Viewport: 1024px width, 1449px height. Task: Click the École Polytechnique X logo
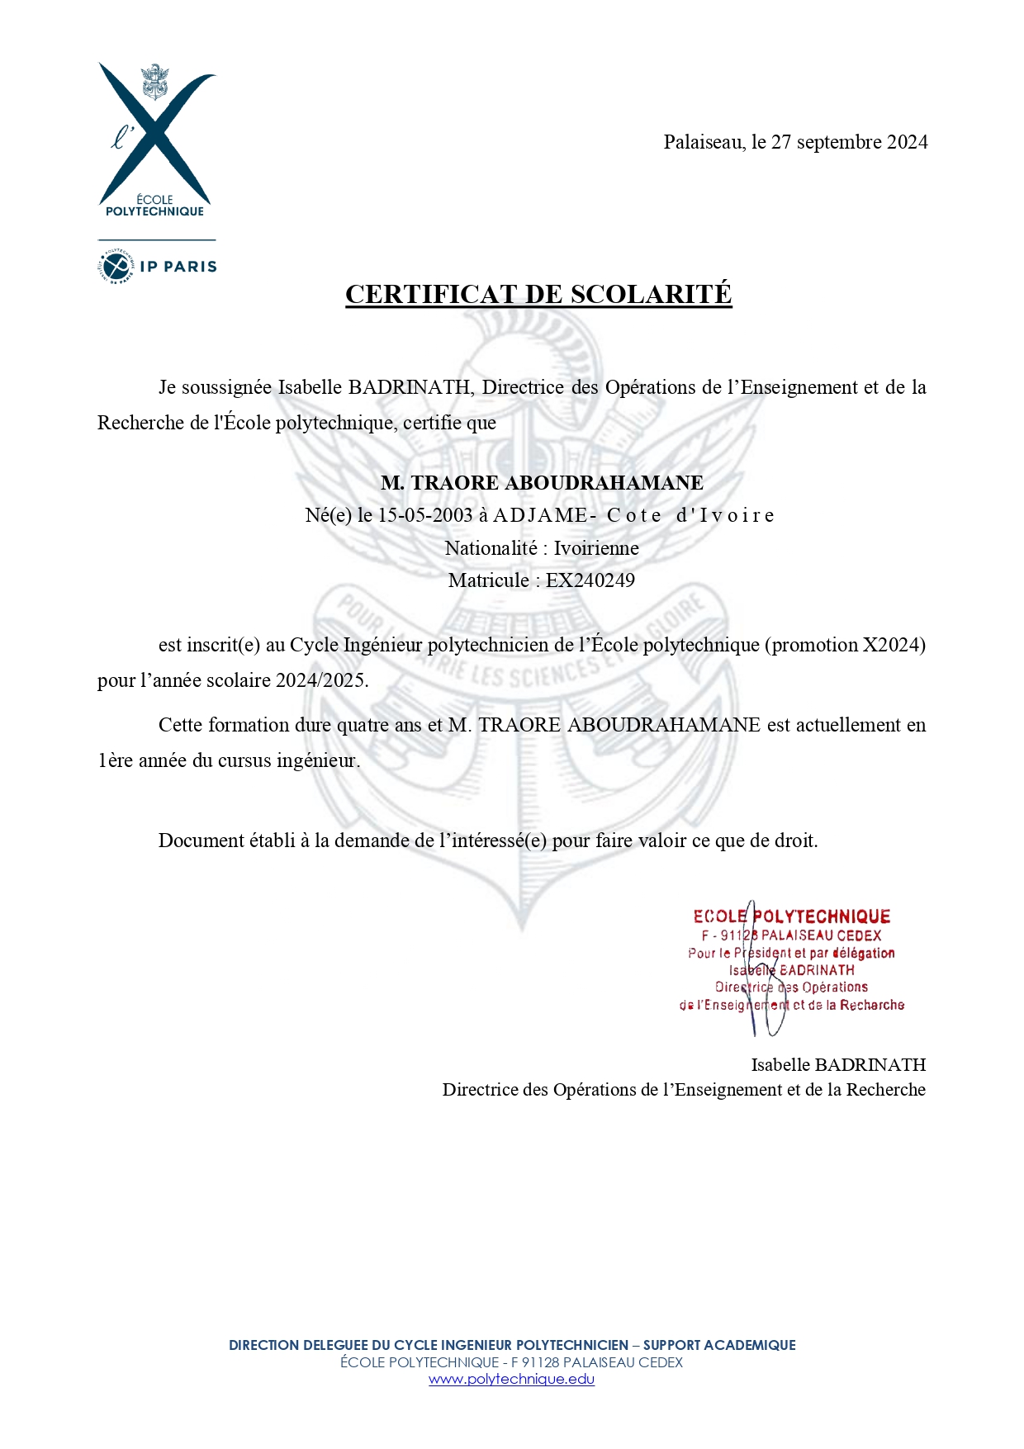pyautogui.click(x=155, y=136)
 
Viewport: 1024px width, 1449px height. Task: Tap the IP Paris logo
pyautogui.click(x=157, y=266)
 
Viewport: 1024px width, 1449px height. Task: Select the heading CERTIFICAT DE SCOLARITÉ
pyautogui.click(x=538, y=295)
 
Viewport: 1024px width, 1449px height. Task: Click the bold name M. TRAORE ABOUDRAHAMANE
pyautogui.click(x=542, y=483)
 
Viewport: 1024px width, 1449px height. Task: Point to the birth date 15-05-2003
pyautogui.click(x=425, y=515)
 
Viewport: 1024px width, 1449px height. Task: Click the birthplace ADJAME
pyautogui.click(x=540, y=515)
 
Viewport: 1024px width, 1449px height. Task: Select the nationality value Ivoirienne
pyautogui.click(x=595, y=548)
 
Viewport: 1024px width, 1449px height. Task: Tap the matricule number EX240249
pyautogui.click(x=590, y=580)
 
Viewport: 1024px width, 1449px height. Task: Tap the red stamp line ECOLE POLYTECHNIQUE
pyautogui.click(x=791, y=916)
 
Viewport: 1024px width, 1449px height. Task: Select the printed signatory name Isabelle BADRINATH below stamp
pyautogui.click(x=837, y=1065)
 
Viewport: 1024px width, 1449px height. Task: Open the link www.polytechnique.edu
pyautogui.click(x=511, y=1379)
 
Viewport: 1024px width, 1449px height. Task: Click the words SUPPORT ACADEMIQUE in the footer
pyautogui.click(x=719, y=1345)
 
